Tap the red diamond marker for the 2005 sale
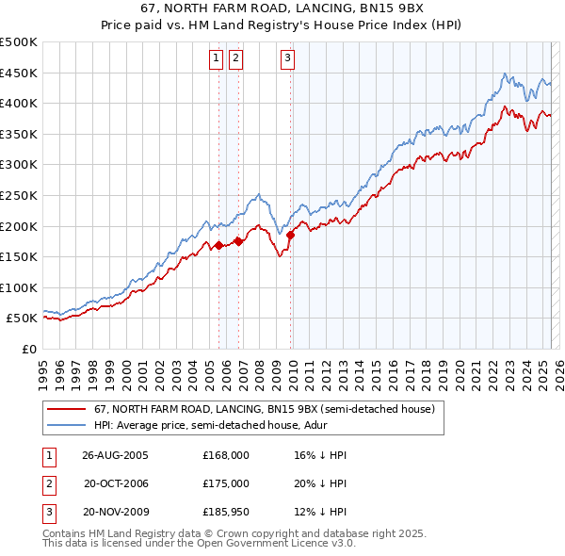pos(218,245)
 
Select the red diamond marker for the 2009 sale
pos(290,235)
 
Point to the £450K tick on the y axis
pos(19,73)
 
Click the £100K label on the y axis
pos(19,287)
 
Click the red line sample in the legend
pos(65,409)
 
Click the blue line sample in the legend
pos(65,426)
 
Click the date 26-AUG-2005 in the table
pos(116,455)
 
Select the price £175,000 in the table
pos(225,483)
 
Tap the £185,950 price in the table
pos(225,512)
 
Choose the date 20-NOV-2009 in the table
pos(116,512)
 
